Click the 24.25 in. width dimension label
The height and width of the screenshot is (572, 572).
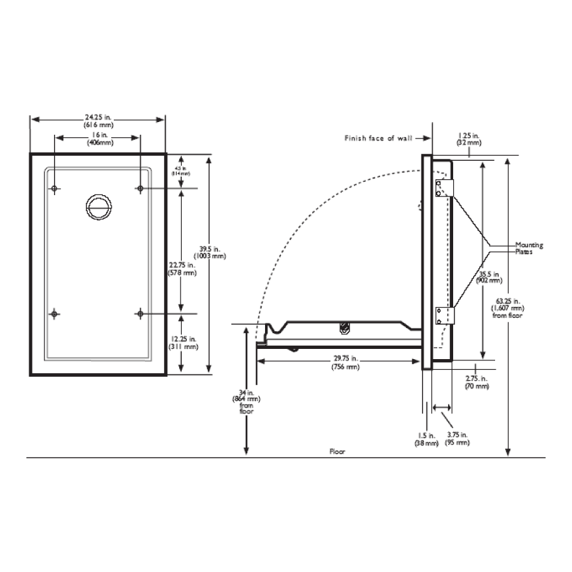pyautogui.click(x=97, y=121)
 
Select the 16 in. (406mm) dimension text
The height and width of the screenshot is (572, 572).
pyautogui.click(x=97, y=139)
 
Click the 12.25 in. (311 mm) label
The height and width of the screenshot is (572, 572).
pyautogui.click(x=182, y=343)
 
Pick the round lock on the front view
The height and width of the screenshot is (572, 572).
pyautogui.click(x=99, y=205)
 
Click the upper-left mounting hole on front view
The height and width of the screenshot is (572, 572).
pyautogui.click(x=55, y=189)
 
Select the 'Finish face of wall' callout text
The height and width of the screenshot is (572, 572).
pyautogui.click(x=378, y=138)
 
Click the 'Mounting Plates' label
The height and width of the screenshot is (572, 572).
pyautogui.click(x=529, y=248)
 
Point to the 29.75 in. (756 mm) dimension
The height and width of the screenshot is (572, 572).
pyautogui.click(x=344, y=364)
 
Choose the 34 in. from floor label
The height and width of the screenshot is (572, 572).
pyautogui.click(x=246, y=402)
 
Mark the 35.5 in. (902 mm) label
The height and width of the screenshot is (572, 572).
pyautogui.click(x=490, y=277)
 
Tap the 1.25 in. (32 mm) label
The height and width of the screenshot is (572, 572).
pyautogui.click(x=469, y=139)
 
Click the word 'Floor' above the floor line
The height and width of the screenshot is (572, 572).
pyautogui.click(x=337, y=451)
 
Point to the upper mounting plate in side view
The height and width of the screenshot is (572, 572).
pyautogui.click(x=443, y=187)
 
